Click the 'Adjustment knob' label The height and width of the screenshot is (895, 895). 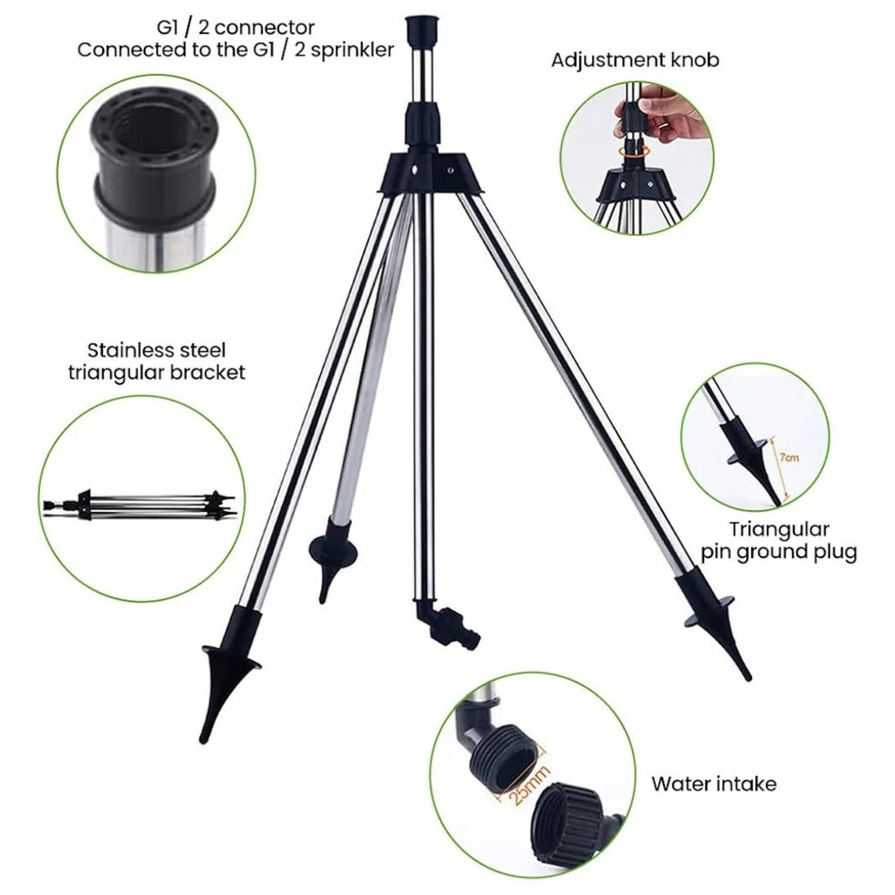[x=635, y=60]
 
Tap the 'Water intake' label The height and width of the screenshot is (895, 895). [x=714, y=784]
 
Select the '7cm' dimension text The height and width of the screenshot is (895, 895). [x=789, y=457]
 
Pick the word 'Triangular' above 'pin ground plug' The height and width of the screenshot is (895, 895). [x=778, y=529]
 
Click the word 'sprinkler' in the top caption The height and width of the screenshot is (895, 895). [x=352, y=51]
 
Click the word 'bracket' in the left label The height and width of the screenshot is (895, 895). [x=208, y=372]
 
